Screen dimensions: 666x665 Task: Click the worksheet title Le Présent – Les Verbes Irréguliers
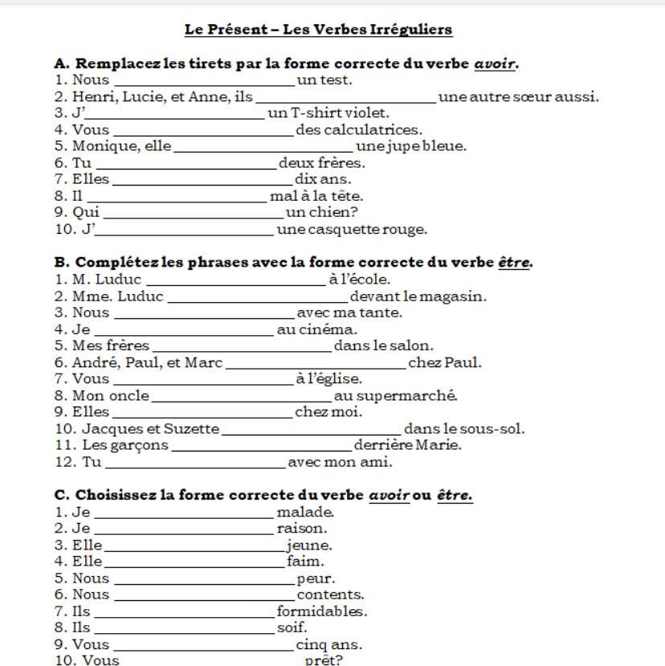point(318,30)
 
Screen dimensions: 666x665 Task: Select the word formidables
point(322,611)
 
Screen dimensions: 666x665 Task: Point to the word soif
point(292,627)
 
